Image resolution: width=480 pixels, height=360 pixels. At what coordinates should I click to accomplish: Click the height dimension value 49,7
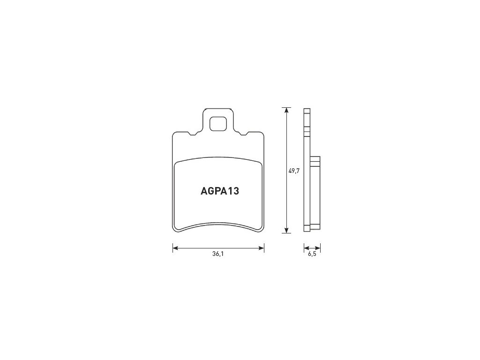(294, 171)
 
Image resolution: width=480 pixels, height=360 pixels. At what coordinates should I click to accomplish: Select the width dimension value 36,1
(217, 254)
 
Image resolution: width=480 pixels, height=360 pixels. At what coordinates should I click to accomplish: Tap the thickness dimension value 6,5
(312, 254)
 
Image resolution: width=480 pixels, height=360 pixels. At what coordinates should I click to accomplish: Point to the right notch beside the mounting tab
(244, 134)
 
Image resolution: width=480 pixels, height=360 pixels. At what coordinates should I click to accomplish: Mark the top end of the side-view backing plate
(307, 110)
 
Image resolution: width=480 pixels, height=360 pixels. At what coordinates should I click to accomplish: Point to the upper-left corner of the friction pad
(177, 164)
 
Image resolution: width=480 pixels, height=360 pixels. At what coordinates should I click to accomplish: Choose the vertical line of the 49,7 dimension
(285, 141)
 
